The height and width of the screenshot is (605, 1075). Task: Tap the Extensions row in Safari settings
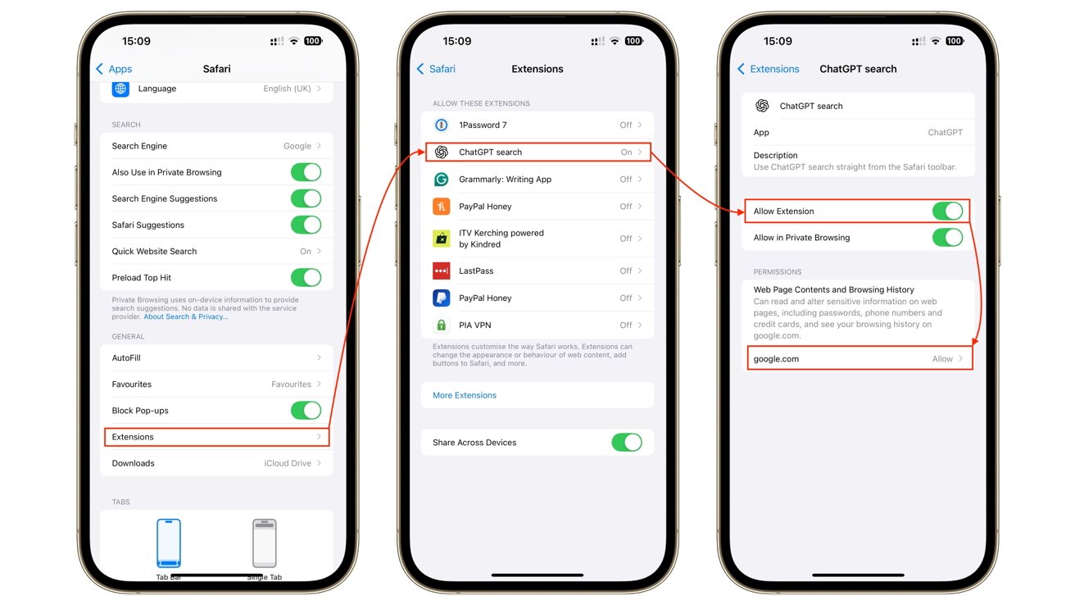tap(216, 437)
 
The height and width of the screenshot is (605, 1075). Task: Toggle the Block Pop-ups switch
tap(306, 411)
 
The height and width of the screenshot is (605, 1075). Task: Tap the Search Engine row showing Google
tap(216, 146)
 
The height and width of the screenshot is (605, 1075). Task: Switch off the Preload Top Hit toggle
tap(306, 278)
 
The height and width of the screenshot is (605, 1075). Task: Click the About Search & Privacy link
tap(186, 316)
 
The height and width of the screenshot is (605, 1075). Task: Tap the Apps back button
tap(114, 69)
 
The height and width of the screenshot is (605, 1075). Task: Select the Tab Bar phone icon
tap(168, 543)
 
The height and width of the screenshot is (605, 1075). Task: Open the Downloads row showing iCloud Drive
tap(216, 463)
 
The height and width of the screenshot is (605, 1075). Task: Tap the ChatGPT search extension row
tap(537, 152)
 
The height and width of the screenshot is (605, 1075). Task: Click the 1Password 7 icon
tap(442, 125)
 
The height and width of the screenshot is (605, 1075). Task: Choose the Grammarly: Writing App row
tap(537, 180)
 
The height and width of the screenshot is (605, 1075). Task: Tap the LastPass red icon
tap(442, 271)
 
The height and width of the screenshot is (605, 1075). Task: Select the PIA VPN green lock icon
tap(442, 325)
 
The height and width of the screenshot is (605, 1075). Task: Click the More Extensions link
tap(465, 395)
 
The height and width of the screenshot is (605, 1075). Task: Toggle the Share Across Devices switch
tap(627, 443)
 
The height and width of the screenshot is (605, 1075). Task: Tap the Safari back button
tap(436, 69)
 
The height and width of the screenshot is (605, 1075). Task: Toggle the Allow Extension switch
tap(947, 212)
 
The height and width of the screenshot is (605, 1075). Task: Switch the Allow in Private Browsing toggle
tap(947, 238)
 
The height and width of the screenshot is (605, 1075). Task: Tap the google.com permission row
tap(858, 359)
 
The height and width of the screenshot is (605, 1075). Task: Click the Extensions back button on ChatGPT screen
tap(768, 69)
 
